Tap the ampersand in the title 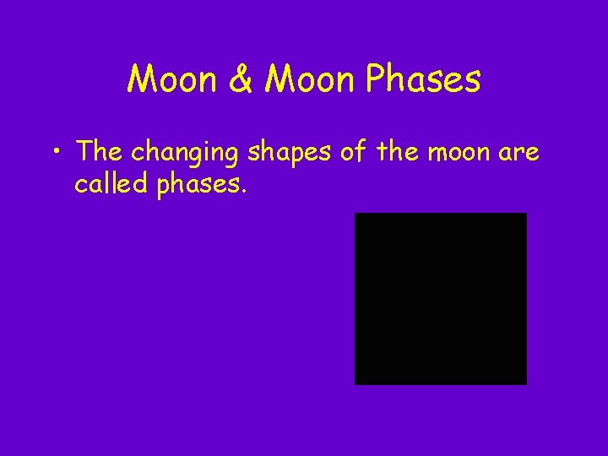239,80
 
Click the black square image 440,298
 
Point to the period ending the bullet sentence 244,191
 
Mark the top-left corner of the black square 356,214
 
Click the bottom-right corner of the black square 525,383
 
